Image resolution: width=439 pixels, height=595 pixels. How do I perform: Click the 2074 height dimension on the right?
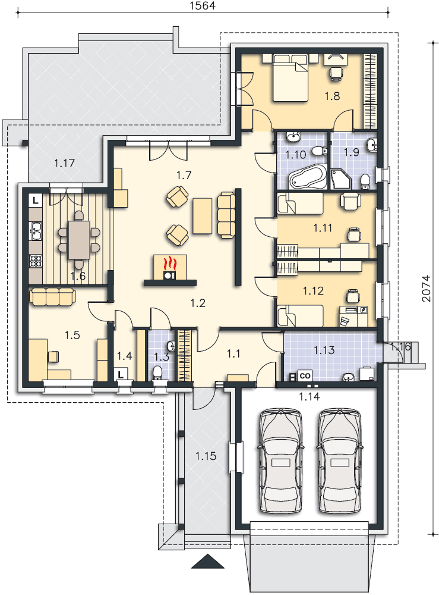[427, 289]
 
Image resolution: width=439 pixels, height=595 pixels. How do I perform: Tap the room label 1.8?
[332, 96]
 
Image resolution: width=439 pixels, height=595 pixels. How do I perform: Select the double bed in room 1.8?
[290, 79]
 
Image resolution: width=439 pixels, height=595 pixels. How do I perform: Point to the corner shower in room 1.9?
[342, 179]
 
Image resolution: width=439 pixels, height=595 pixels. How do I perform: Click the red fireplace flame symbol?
[170, 262]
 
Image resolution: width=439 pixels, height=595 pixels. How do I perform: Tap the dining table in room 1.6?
[79, 240]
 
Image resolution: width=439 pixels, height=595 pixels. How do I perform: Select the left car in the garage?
[280, 461]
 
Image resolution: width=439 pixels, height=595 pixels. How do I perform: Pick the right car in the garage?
[339, 461]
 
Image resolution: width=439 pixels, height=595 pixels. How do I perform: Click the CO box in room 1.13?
[305, 375]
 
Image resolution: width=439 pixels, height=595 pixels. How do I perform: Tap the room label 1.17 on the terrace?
[64, 164]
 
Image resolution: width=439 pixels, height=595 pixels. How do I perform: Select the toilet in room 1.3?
[157, 372]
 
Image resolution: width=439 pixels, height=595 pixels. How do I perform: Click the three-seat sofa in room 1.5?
[53, 296]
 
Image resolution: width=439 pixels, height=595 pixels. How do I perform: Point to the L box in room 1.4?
[121, 374]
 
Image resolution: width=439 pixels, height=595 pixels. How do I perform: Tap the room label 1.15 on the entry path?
[206, 456]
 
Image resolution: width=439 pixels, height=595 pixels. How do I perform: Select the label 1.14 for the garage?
[309, 397]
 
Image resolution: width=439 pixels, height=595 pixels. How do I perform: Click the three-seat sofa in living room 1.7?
[226, 215]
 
